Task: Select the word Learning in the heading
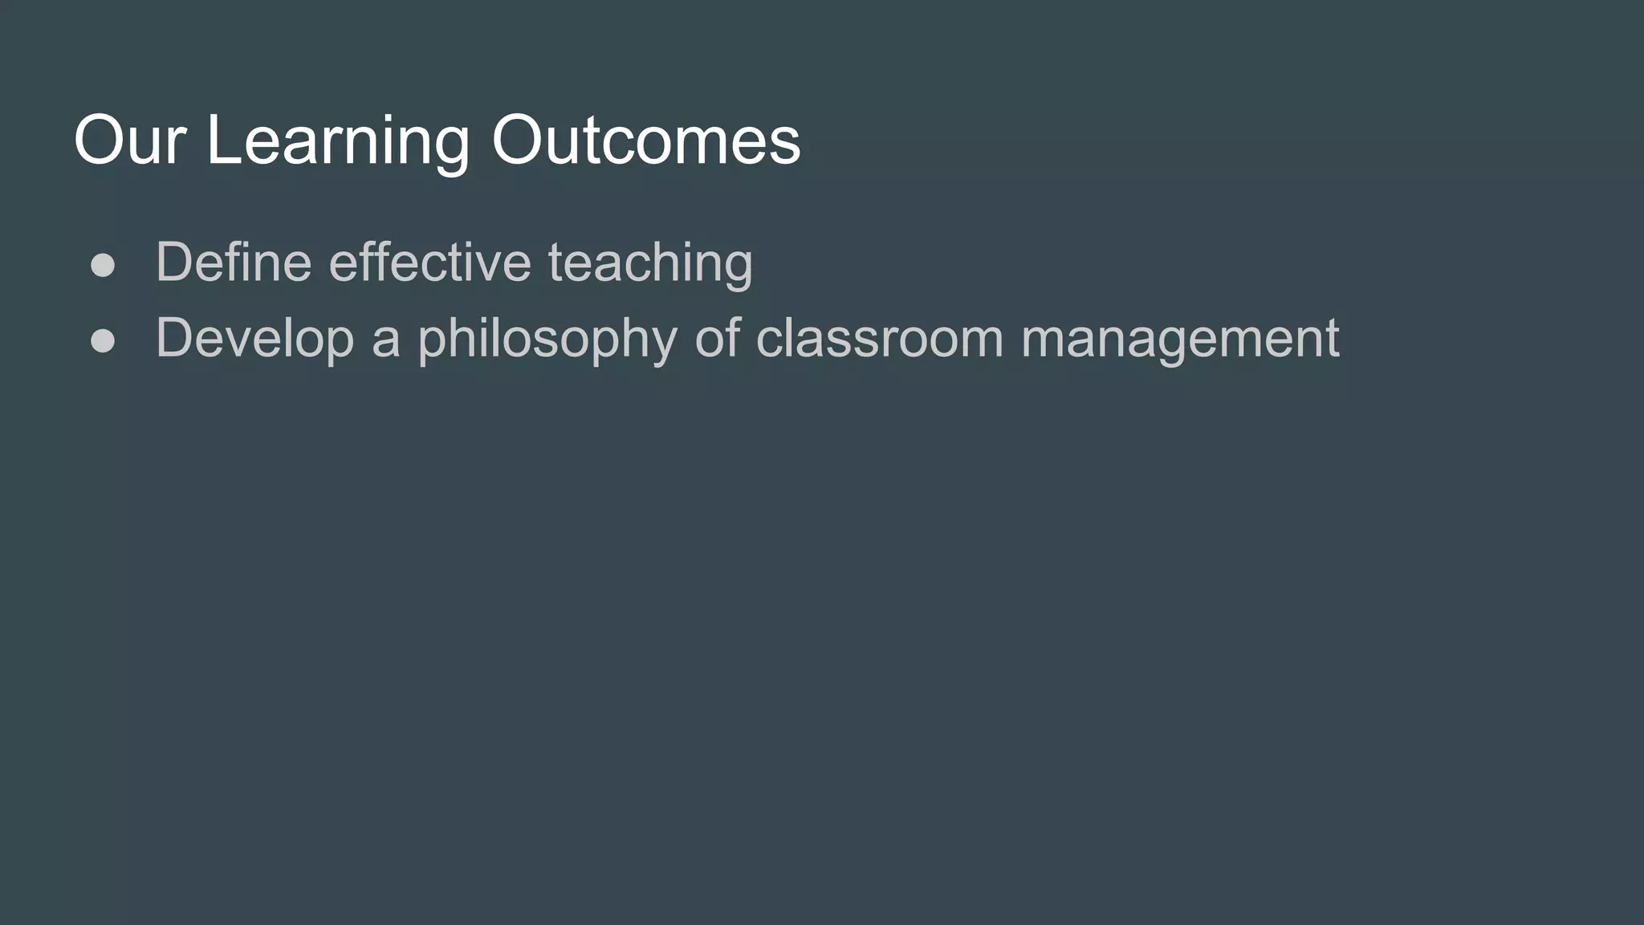click(x=337, y=141)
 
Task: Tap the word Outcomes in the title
click(x=645, y=141)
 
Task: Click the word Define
click(x=234, y=262)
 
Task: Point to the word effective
click(x=430, y=262)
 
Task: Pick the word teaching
click(x=650, y=263)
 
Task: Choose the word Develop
click(x=254, y=339)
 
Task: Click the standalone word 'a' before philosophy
click(x=385, y=339)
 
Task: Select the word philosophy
click(x=547, y=339)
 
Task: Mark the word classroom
click(x=880, y=337)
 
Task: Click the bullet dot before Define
click(x=103, y=265)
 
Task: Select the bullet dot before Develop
click(x=103, y=340)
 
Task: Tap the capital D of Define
click(x=173, y=262)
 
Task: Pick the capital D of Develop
click(x=173, y=337)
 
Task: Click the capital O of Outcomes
click(x=521, y=141)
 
